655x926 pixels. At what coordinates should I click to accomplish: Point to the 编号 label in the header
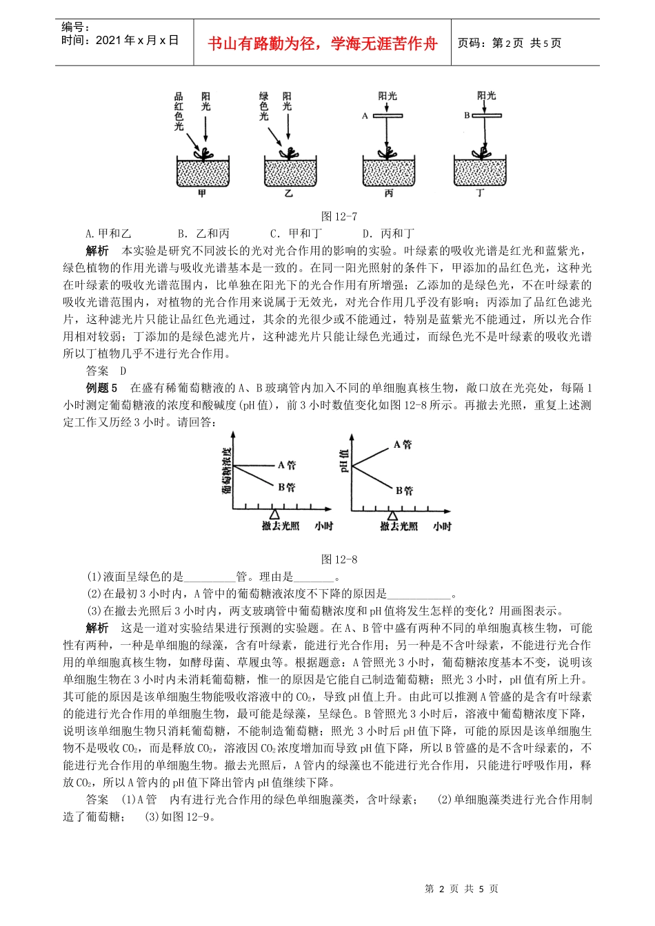coord(74,28)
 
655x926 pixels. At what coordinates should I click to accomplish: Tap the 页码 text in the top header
coord(473,43)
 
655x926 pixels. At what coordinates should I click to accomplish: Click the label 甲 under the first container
coord(202,194)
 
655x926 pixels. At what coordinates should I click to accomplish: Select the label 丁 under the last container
coord(481,194)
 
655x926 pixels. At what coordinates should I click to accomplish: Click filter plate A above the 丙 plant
coord(387,116)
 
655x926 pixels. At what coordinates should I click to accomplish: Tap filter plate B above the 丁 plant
coord(485,115)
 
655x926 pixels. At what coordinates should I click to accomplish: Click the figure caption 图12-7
coord(339,216)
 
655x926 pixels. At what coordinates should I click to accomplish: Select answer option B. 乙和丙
coord(203,234)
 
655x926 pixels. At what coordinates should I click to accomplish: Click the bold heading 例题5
coord(101,388)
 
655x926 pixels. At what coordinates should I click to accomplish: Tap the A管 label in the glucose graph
coord(287,466)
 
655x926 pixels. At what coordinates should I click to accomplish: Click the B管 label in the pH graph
coord(404,490)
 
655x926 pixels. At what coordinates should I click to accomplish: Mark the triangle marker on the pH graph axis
coord(392,515)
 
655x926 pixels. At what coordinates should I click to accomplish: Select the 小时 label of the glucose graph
coord(324,526)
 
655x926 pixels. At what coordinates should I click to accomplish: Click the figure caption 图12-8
coord(339,559)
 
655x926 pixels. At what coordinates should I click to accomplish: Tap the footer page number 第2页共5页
coord(461,889)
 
